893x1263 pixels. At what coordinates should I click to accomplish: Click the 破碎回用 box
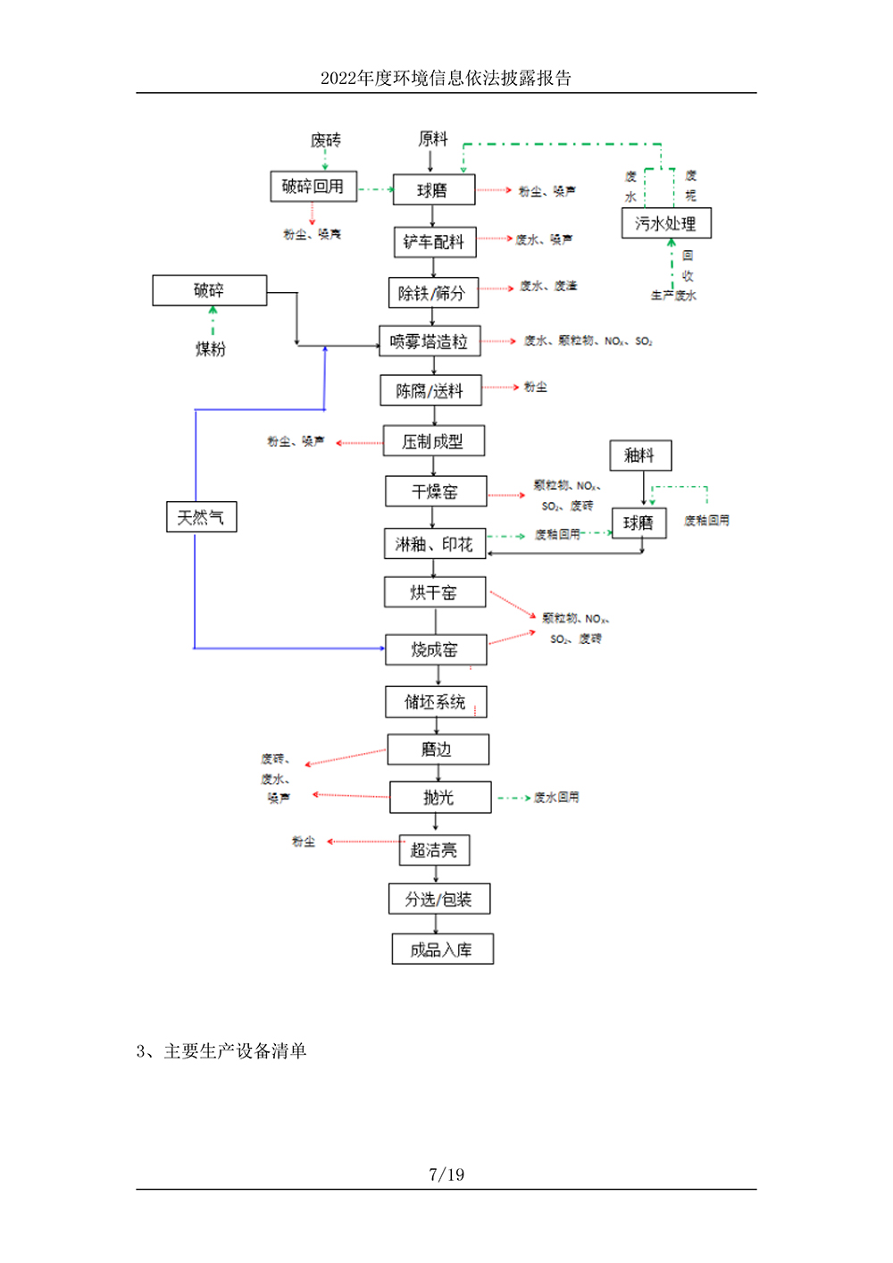tap(313, 187)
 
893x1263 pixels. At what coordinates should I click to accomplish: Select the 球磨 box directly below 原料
tap(434, 190)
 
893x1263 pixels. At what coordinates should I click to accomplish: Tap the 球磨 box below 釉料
tap(638, 523)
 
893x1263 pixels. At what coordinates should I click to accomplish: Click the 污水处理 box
tap(666, 223)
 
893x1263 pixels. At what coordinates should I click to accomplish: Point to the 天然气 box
tap(201, 517)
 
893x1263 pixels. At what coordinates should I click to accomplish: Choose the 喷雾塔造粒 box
tap(430, 341)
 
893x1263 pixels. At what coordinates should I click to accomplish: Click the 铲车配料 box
tap(434, 242)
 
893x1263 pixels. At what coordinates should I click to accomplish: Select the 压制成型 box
tap(433, 441)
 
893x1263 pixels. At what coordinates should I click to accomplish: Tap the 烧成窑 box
tap(436, 649)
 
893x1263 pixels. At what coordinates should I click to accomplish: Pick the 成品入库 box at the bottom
tap(442, 949)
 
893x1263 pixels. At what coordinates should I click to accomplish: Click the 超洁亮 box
tap(434, 850)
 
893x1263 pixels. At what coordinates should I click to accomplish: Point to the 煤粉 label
tap(211, 349)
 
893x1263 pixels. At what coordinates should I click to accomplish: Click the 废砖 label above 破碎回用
tap(325, 140)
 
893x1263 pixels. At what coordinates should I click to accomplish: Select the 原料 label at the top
tap(433, 138)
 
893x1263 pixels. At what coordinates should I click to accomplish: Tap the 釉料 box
tap(640, 456)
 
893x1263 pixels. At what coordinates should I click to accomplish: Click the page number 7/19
tap(446, 1175)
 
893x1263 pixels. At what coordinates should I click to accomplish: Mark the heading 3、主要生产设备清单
tap(221, 1051)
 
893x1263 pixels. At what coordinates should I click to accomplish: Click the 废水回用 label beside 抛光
tap(556, 798)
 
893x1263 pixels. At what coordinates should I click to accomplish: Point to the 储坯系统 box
tap(436, 702)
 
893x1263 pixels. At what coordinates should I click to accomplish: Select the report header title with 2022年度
tap(446, 79)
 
